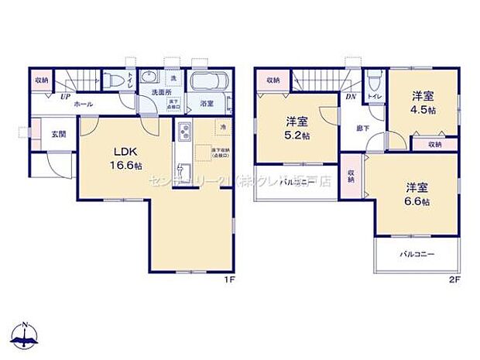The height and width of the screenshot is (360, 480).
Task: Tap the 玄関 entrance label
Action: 59,134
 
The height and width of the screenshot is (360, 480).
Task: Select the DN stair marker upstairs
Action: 350,97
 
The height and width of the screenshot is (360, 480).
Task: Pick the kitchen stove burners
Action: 183,131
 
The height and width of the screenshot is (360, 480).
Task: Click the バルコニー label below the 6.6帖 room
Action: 417,253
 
